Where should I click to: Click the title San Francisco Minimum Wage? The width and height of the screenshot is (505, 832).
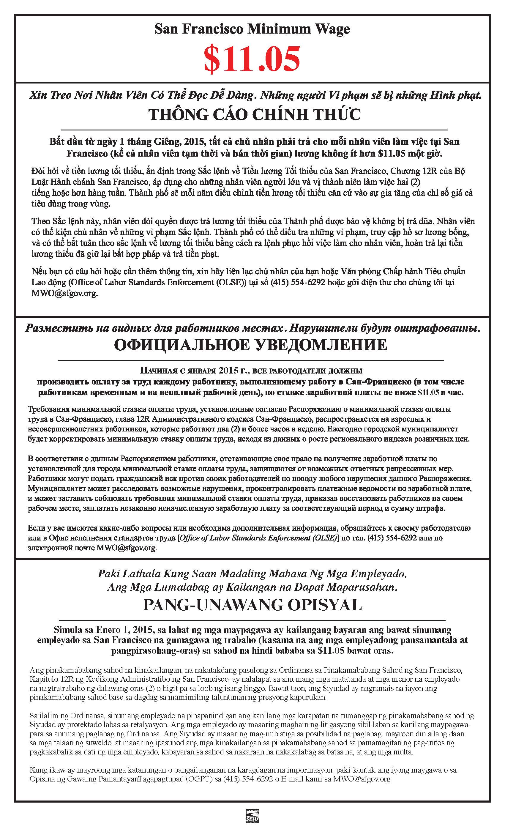coord(252,29)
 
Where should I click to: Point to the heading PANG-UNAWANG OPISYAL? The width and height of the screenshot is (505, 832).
coord(252,605)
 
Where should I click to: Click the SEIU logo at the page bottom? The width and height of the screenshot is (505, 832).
coord(252,822)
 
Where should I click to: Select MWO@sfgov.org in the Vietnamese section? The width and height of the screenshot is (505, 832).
coord(64,294)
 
